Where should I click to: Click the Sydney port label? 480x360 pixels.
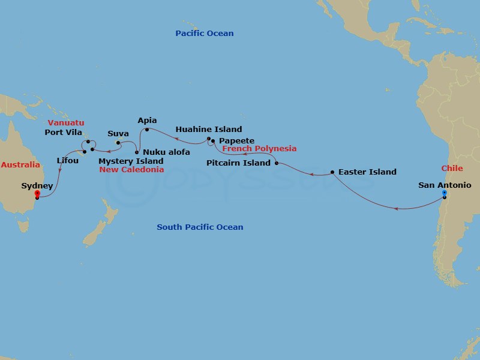tap(37, 186)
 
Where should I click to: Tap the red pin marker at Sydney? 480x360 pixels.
tap(37, 194)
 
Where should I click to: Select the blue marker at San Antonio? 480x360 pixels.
tap(445, 193)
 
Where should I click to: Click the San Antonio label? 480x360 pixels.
tap(445, 185)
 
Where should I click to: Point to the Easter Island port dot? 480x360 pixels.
tap(332, 173)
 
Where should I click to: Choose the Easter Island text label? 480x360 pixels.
tap(367, 172)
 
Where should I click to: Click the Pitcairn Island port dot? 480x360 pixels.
tap(277, 163)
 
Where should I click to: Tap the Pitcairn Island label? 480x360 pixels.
tap(239, 163)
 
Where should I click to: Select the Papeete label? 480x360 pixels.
tap(236, 141)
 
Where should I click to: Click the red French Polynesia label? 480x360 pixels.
tap(259, 149)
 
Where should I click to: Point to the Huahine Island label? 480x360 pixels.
tap(209, 130)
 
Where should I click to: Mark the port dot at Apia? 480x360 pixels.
tap(147, 129)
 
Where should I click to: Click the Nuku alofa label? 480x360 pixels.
tap(167, 152)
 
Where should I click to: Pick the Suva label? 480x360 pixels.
tap(118, 134)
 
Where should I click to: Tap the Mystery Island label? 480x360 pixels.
tap(131, 161)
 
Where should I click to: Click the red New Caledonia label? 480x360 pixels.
tap(131, 170)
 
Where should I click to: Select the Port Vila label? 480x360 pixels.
tap(64, 132)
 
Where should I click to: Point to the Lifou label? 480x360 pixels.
tap(67, 161)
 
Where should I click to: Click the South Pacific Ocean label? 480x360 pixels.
tap(200, 227)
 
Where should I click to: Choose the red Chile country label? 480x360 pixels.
tap(452, 169)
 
